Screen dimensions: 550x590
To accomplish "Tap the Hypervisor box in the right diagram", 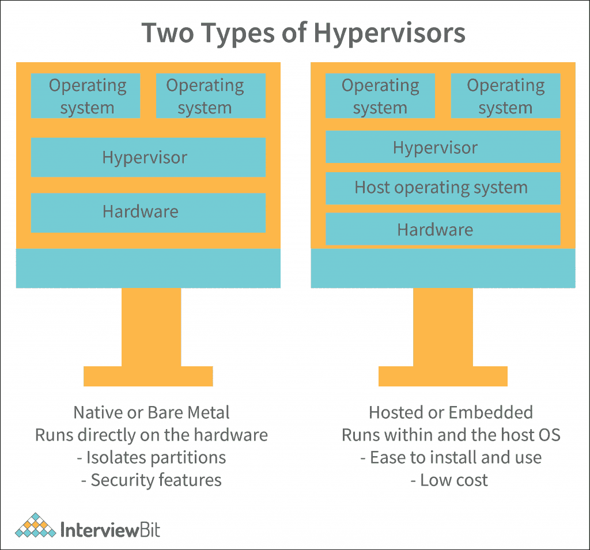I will (x=442, y=147).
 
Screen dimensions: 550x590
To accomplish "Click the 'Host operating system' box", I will (x=442, y=188).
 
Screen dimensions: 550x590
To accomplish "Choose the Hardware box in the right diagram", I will (x=442, y=229).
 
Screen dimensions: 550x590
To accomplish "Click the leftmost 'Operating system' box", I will (x=85, y=96).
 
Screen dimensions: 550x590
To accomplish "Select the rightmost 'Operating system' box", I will (x=505, y=96).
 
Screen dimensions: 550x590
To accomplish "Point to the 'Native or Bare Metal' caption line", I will (x=152, y=412).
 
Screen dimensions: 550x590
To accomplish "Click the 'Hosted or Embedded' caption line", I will (x=451, y=412).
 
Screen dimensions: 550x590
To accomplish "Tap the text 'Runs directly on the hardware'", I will (x=152, y=435).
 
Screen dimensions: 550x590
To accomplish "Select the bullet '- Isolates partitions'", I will (x=152, y=457).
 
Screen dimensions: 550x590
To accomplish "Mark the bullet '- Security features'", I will (x=152, y=480).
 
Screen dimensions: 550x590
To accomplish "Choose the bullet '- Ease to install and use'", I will (x=451, y=457).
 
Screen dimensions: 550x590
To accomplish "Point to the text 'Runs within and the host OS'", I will (x=451, y=435).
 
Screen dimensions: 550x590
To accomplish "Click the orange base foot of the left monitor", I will (x=148, y=376).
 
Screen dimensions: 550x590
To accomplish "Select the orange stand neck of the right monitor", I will (x=442, y=327).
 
